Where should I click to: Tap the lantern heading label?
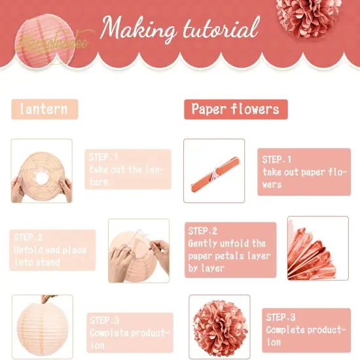[44, 109]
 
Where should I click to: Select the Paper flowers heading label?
[236, 109]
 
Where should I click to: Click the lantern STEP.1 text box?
[129, 170]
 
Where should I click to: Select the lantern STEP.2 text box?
[52, 250]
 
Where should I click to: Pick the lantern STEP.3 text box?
[129, 332]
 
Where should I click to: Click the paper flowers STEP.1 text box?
[303, 172]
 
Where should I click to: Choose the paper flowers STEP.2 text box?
[230, 249]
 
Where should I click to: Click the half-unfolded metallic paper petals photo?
[318, 249]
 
